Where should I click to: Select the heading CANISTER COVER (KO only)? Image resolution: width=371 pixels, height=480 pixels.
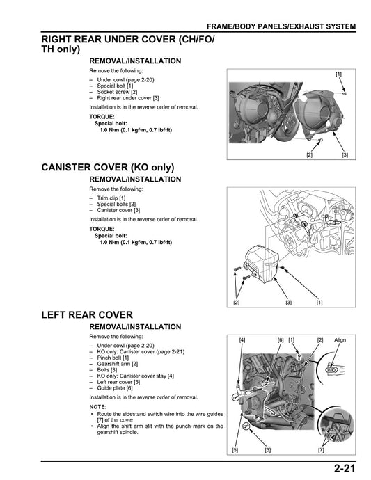click(x=107, y=168)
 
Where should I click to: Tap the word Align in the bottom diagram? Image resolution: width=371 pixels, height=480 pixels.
click(x=340, y=340)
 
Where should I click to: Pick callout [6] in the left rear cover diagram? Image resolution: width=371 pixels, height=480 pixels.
click(x=280, y=340)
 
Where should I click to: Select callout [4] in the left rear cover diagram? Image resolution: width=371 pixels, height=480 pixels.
click(x=242, y=340)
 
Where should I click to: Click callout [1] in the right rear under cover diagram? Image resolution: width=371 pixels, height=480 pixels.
click(x=338, y=74)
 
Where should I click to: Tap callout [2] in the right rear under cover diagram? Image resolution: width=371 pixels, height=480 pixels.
click(x=309, y=154)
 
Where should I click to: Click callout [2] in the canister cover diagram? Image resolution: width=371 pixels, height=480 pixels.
click(x=236, y=302)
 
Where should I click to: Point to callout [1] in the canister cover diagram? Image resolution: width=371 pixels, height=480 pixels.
click(x=319, y=302)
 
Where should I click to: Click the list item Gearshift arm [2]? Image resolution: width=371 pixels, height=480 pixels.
click(x=117, y=364)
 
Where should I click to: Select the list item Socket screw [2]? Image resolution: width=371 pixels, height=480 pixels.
click(x=117, y=92)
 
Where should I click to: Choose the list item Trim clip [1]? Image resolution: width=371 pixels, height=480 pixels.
click(x=111, y=198)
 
